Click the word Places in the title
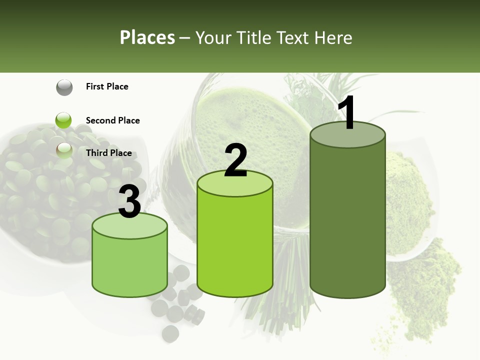click(x=147, y=38)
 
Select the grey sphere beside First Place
click(x=64, y=87)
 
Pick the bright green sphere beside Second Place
click(x=63, y=120)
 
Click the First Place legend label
click(x=107, y=86)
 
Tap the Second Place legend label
click(x=112, y=120)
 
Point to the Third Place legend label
click(x=108, y=153)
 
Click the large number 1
click(x=347, y=114)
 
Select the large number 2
click(x=235, y=160)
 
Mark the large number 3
click(x=129, y=202)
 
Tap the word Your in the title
click(x=214, y=38)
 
